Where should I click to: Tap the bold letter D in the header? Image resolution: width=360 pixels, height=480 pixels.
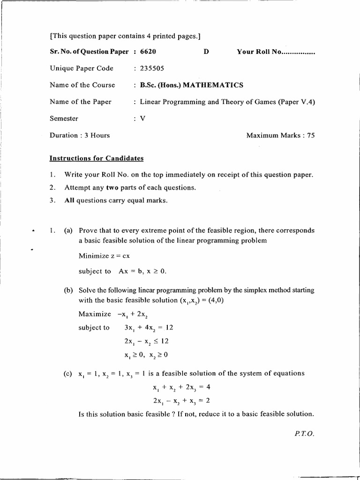(x=206, y=52)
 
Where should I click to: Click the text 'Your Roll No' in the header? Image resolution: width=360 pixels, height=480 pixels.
(x=258, y=52)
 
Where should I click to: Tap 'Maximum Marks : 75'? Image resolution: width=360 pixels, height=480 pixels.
(x=280, y=135)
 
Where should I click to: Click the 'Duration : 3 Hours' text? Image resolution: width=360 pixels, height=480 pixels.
(x=80, y=135)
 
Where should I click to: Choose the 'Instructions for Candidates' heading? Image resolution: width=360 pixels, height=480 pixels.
(x=97, y=158)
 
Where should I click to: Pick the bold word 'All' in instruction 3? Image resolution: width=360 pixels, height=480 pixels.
(x=70, y=201)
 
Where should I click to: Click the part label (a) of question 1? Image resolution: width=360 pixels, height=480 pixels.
(x=68, y=231)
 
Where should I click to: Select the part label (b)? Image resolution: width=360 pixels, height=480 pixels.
(x=68, y=291)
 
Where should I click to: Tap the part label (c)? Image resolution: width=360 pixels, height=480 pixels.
(x=68, y=374)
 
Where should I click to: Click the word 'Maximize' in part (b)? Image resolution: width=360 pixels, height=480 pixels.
(x=95, y=314)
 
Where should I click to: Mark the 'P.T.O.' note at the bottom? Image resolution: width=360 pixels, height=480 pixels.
(x=304, y=434)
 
